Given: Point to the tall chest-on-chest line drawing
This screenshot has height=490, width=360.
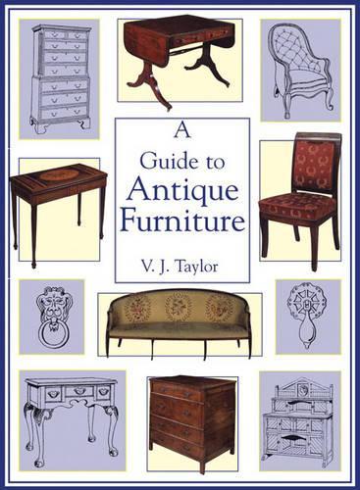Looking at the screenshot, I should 60,77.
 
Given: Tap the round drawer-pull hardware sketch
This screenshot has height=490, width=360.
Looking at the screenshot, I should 307,315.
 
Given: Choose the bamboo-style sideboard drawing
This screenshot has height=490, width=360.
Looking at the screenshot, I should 298,421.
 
